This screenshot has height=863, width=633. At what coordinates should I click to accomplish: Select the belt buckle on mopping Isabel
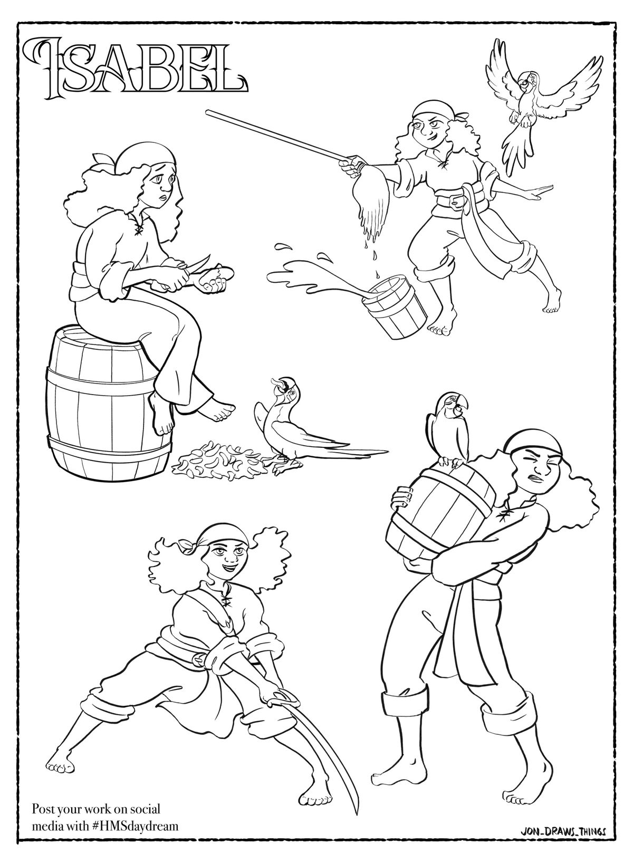tap(455, 201)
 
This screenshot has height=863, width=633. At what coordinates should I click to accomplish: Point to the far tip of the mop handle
tap(208, 112)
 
